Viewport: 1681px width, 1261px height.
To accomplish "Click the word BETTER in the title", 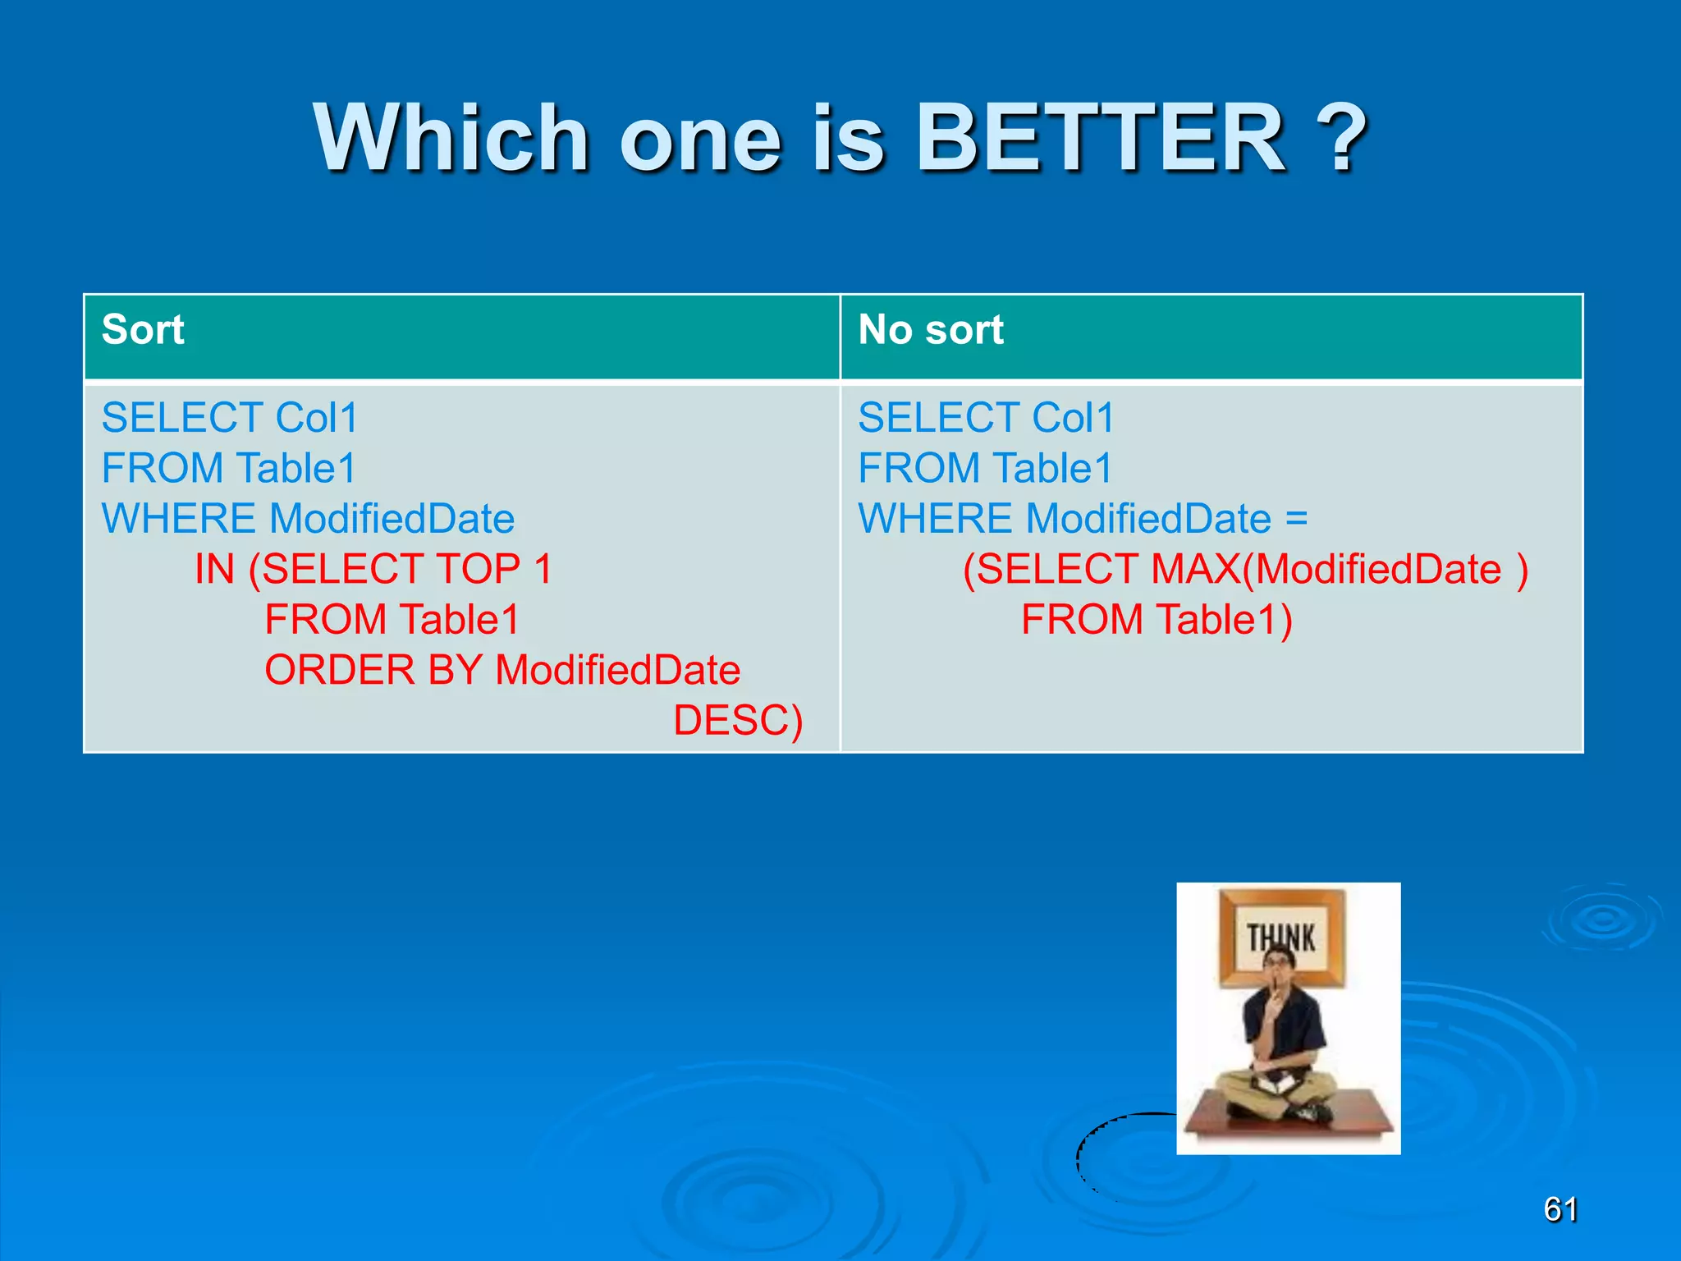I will point(1100,138).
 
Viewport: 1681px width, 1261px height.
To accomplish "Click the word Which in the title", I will point(451,138).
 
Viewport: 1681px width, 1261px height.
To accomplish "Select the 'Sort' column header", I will point(143,330).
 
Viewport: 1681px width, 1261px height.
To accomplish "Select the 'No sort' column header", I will point(930,330).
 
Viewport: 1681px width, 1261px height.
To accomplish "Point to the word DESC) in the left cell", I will point(737,721).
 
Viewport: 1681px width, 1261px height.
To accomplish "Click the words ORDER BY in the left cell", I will point(373,670).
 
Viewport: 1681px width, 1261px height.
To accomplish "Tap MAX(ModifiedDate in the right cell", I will point(1326,569).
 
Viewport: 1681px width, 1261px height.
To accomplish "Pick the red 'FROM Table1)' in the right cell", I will point(1157,620).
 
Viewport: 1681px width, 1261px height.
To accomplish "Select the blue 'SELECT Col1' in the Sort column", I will point(230,418).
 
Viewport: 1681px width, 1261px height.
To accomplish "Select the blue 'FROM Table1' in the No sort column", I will point(985,469).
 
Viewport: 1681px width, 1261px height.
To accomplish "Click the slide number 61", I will point(1560,1209).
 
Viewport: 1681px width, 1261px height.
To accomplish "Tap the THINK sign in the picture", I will point(1281,937).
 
